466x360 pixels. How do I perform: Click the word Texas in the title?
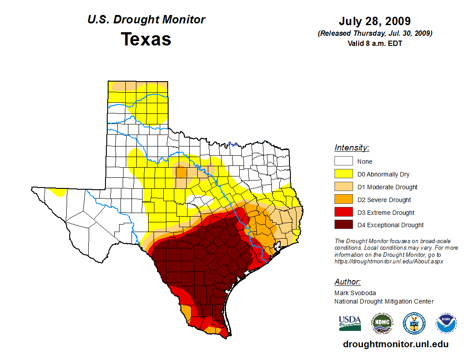(x=146, y=39)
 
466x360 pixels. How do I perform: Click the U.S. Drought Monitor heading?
(x=146, y=20)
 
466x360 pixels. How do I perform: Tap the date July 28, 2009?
(x=375, y=21)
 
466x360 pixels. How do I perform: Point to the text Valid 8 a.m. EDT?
(x=375, y=43)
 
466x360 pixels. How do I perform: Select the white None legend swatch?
(x=343, y=161)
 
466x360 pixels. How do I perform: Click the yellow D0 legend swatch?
(x=343, y=174)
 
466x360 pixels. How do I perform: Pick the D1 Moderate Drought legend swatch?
(x=343, y=187)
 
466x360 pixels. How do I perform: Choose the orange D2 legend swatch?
(x=343, y=200)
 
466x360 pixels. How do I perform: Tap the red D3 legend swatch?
(x=343, y=213)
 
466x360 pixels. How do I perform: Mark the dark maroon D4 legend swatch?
(x=343, y=225)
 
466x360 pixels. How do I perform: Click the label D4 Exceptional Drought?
(x=391, y=225)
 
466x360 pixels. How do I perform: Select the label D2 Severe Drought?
(x=384, y=200)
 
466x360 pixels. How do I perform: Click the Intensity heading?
(x=352, y=148)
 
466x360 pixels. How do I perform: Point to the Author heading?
(x=347, y=282)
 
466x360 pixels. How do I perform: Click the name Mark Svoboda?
(x=355, y=293)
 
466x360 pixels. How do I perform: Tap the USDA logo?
(x=350, y=323)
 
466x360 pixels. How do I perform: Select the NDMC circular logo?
(x=382, y=323)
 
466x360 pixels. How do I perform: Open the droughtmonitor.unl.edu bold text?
(x=396, y=345)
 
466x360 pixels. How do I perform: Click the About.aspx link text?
(x=388, y=261)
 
